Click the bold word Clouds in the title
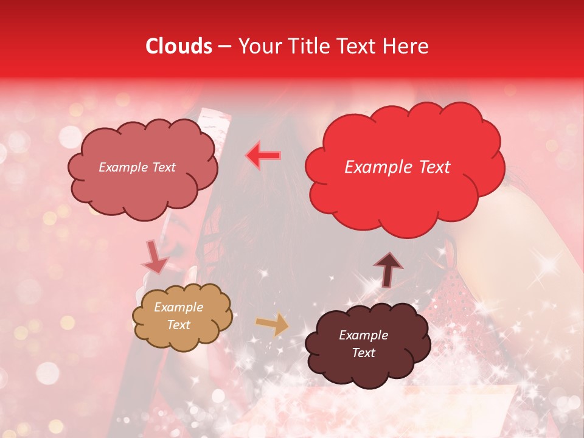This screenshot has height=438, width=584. pos(179,46)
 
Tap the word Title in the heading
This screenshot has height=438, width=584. pos(304,46)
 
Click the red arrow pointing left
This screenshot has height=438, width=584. pos(263,155)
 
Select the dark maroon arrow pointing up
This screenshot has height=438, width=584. pos(388,269)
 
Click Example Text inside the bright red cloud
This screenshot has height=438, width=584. pos(397,167)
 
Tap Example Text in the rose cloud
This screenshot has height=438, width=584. pos(137,167)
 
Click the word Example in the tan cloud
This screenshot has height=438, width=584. pos(178,307)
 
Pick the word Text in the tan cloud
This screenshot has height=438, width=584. pos(178,325)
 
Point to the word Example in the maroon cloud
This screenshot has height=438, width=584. pos(363,335)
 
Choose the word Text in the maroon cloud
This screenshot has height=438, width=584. pos(363,353)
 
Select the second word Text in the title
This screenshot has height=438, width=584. pos(358,46)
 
